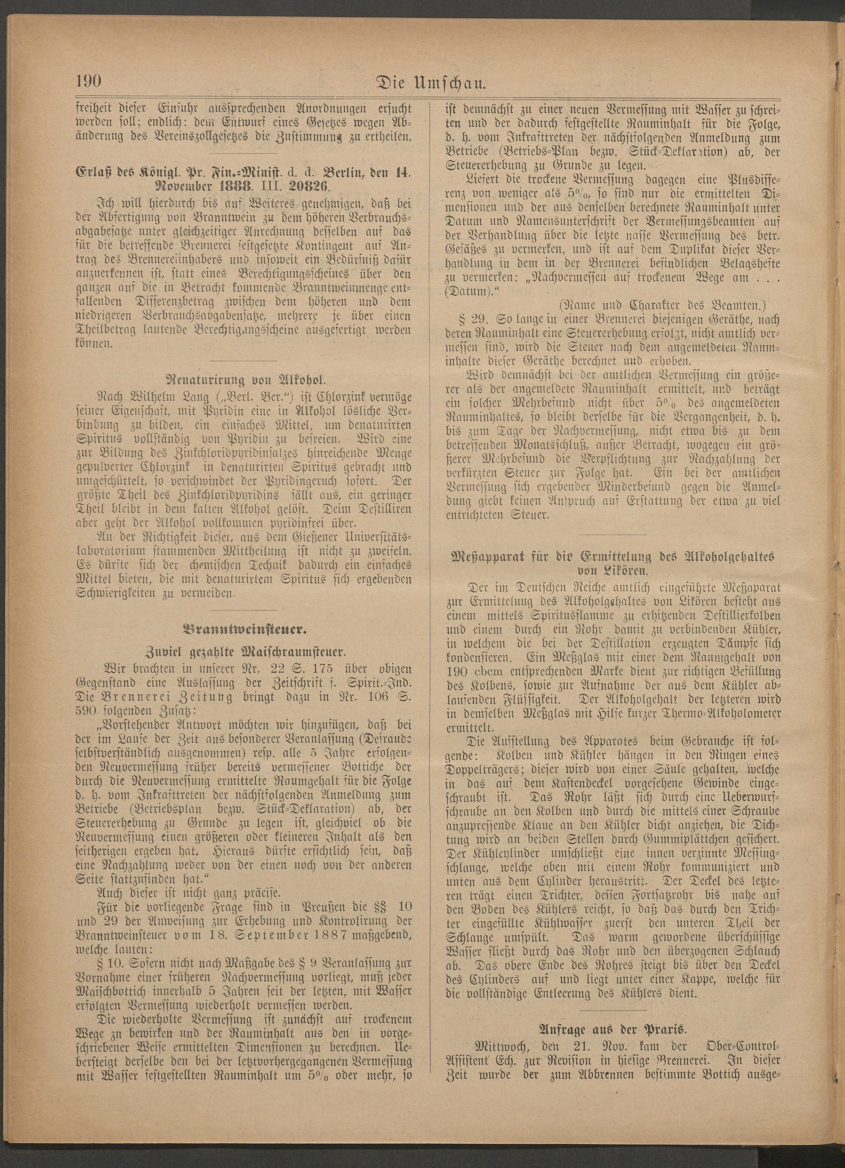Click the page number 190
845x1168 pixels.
click(x=90, y=82)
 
